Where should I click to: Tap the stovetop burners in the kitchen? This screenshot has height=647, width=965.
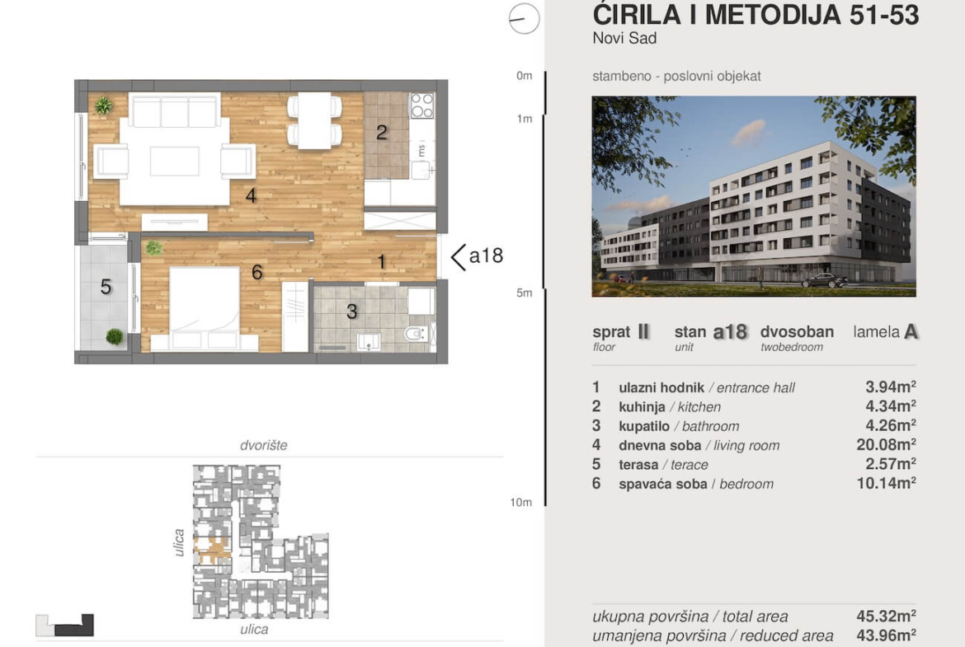pyautogui.click(x=422, y=105)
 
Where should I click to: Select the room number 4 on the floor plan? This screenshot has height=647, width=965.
pyautogui.click(x=251, y=195)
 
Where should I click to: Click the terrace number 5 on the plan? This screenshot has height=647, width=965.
pyautogui.click(x=106, y=287)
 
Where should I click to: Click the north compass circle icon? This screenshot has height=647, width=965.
pyautogui.click(x=525, y=18)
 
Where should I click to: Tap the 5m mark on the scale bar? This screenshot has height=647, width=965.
pyautogui.click(x=525, y=293)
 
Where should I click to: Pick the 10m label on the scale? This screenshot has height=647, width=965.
pyautogui.click(x=520, y=503)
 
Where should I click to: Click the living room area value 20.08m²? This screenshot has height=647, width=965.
pyautogui.click(x=886, y=445)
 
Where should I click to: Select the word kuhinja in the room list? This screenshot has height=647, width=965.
pyautogui.click(x=642, y=407)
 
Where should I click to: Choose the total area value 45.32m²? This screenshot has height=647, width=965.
pyautogui.click(x=886, y=616)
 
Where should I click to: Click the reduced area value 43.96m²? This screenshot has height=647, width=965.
pyautogui.click(x=886, y=635)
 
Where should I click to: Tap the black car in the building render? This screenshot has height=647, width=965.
pyautogui.click(x=825, y=280)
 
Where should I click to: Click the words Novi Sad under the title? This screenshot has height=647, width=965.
pyautogui.click(x=624, y=38)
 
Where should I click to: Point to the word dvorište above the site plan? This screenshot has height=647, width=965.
pyautogui.click(x=263, y=445)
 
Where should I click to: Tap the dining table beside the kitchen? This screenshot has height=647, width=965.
pyautogui.click(x=314, y=121)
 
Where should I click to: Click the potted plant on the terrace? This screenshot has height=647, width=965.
pyautogui.click(x=115, y=336)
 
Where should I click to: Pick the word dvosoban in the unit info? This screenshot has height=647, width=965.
pyautogui.click(x=797, y=332)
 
